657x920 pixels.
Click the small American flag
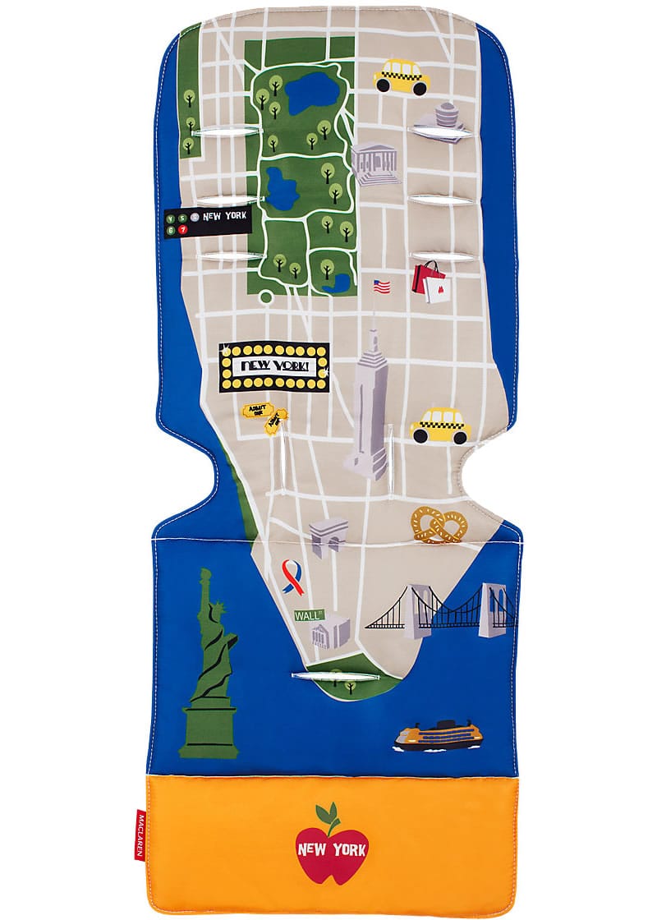(381, 286)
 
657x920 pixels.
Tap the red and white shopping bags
(432, 280)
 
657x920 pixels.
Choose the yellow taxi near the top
(402, 76)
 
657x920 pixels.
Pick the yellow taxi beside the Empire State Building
(439, 424)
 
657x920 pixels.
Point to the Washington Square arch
(328, 537)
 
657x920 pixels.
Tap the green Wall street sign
(309, 614)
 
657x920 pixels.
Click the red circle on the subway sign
(183, 229)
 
